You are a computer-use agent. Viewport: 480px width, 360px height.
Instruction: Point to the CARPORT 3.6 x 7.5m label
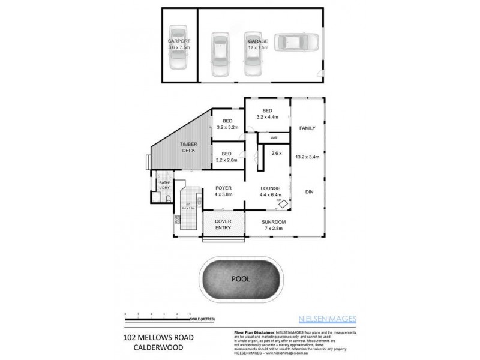tap(178, 44)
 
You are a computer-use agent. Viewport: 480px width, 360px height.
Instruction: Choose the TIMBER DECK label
tap(190, 147)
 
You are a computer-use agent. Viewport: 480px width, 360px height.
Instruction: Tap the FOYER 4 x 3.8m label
tap(223, 191)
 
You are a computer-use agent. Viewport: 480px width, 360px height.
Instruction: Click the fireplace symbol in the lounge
tap(282, 203)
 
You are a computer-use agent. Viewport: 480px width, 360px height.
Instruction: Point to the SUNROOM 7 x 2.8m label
tap(274, 225)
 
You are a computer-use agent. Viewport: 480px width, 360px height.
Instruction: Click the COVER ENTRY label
tap(223, 225)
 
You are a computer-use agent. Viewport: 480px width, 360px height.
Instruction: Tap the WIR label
tap(274, 138)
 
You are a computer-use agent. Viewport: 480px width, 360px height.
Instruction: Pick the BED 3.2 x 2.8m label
tap(227, 157)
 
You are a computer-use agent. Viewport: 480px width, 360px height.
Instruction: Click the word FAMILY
tap(307, 128)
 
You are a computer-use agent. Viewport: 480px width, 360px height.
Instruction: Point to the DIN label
tap(310, 192)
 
